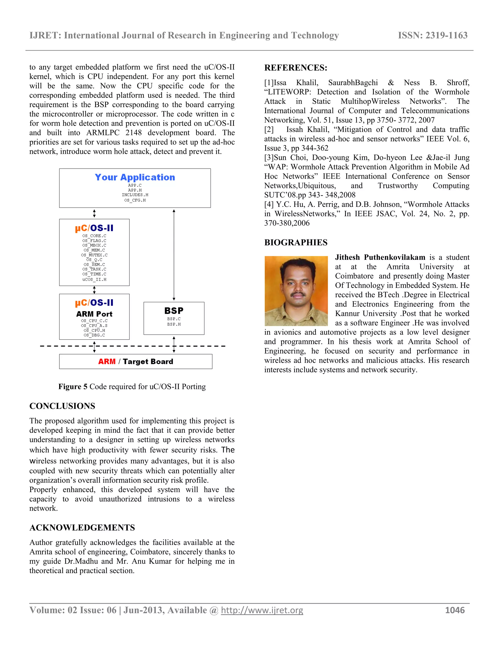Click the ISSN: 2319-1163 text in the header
coord(432,36)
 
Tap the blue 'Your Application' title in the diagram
coord(135,177)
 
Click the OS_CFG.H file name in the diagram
coord(135,200)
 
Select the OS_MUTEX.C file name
coord(94,255)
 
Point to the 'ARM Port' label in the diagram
coord(94,314)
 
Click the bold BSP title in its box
coord(174,311)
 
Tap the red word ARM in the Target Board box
coord(107,361)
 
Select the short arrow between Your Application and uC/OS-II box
coord(94,213)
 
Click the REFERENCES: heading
coord(296,68)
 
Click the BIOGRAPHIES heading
coord(296,242)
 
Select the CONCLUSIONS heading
coord(62,406)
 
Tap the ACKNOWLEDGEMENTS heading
coord(82,528)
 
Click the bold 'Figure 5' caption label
coord(73,387)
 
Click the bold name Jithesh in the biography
coord(347,258)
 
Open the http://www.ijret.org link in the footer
coord(262,610)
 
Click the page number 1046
coord(455,610)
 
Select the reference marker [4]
coord(269,204)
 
